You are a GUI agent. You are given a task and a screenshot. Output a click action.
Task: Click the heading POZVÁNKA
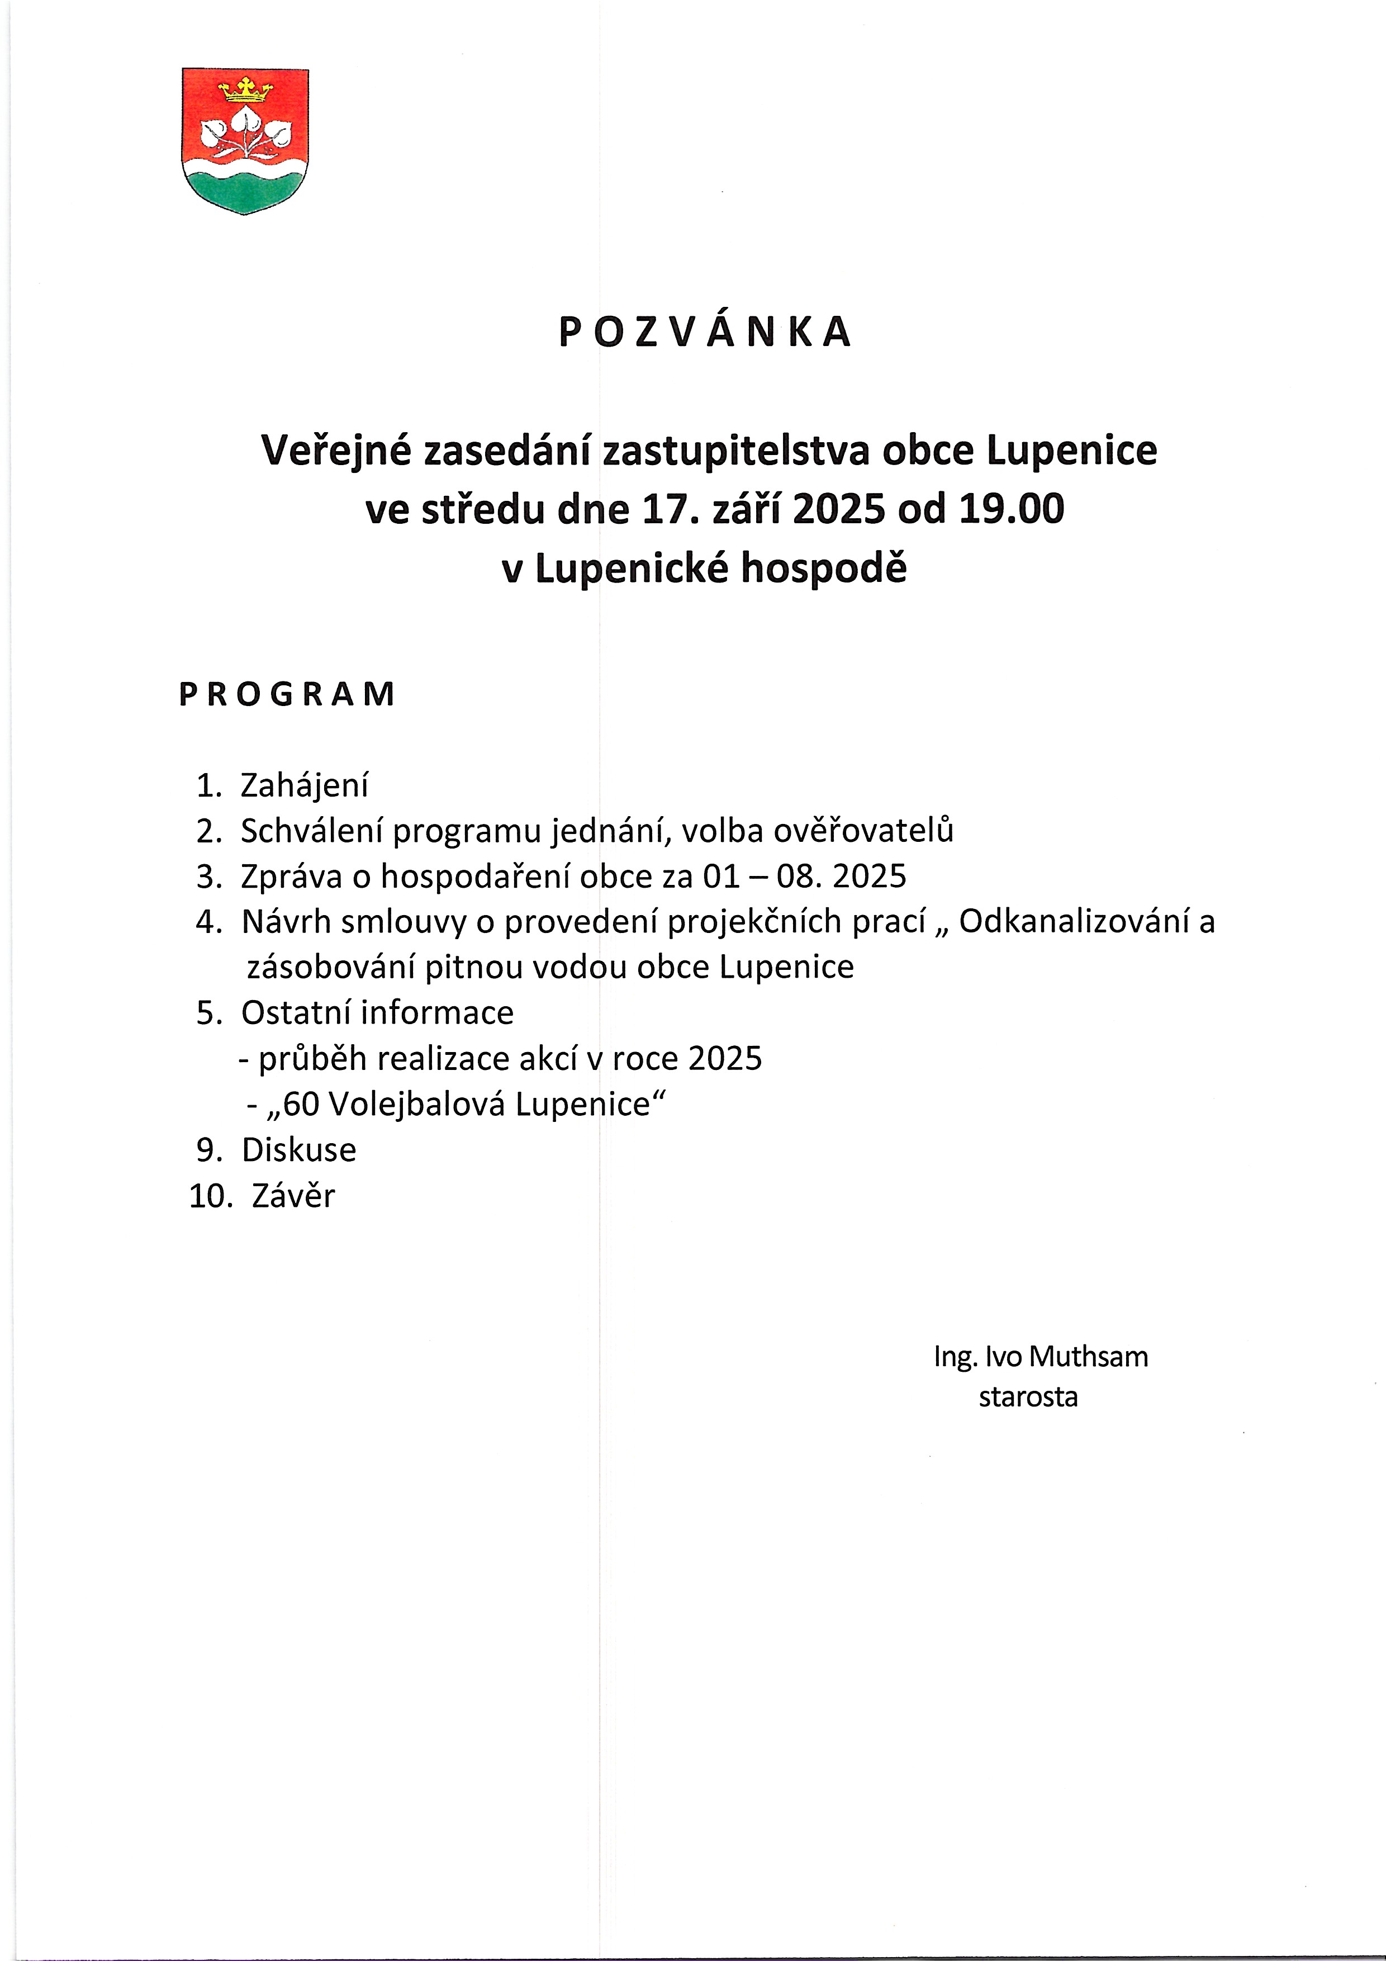[x=705, y=332]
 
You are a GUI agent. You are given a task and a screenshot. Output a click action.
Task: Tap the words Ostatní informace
[x=377, y=1013]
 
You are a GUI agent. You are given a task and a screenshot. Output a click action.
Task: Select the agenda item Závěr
[x=293, y=1196]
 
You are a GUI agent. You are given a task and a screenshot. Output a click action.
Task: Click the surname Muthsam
[x=1088, y=1356]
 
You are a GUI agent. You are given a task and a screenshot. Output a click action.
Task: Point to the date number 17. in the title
[x=662, y=509]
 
